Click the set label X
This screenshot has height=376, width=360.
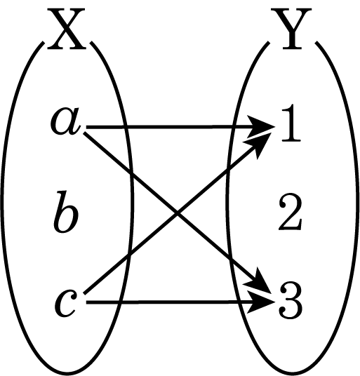pyautogui.click(x=66, y=29)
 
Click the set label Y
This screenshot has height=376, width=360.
pyautogui.click(x=291, y=29)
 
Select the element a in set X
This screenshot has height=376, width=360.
pyautogui.click(x=65, y=121)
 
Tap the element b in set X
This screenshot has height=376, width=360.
pyautogui.click(x=65, y=212)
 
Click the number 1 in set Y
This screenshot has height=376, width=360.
pyautogui.click(x=291, y=123)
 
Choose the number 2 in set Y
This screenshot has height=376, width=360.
pyautogui.click(x=290, y=213)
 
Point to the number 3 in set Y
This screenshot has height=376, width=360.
pyautogui.click(x=290, y=301)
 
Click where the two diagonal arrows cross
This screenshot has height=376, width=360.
pyautogui.click(x=178, y=213)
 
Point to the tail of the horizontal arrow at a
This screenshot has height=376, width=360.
pyautogui.click(x=86, y=127)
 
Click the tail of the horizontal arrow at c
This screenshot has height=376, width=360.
pyautogui.click(x=86, y=302)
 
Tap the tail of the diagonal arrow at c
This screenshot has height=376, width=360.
pyautogui.click(x=84, y=293)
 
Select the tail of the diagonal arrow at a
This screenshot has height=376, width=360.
pyautogui.click(x=84, y=133)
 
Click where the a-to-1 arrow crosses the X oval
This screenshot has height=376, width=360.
pyautogui.click(x=125, y=127)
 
